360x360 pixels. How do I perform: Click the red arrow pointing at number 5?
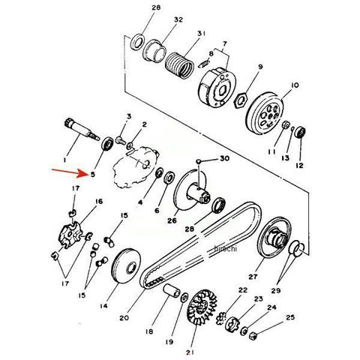coord(70,172)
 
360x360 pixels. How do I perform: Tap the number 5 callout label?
coord(93,175)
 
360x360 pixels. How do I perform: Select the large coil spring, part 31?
coord(179,65)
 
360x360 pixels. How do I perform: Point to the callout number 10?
coord(295,85)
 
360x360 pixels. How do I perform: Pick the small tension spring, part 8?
coord(204,64)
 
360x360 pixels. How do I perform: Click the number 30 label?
coord(224,158)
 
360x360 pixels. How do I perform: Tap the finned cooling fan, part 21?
coord(202,307)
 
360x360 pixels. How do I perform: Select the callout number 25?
coord(290,317)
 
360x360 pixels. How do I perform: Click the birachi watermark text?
coord(225,248)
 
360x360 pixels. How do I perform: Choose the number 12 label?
coord(299,165)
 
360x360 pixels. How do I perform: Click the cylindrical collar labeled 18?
coord(172,291)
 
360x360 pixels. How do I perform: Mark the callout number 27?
coord(253,277)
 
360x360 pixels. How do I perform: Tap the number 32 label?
coord(178,19)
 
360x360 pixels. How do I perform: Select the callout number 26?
coord(172,220)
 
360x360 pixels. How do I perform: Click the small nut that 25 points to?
coord(253,336)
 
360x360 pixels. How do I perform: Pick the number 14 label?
coord(103,305)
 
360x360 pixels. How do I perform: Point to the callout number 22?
coord(242,290)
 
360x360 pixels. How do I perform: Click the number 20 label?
coord(124,318)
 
